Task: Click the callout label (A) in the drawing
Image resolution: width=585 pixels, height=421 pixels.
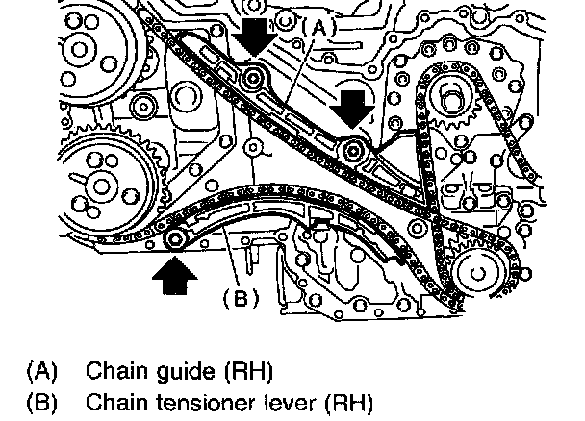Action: (x=319, y=28)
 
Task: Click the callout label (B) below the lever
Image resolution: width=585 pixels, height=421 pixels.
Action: (x=241, y=298)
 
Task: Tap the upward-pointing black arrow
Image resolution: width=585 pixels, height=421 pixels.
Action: (x=174, y=276)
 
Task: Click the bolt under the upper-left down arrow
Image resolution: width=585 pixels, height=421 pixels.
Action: (x=253, y=79)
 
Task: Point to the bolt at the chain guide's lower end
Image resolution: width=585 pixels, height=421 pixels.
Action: (x=352, y=151)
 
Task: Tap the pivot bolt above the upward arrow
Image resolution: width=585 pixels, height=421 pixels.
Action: (x=175, y=239)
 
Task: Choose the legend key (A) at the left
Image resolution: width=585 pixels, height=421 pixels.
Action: (x=42, y=371)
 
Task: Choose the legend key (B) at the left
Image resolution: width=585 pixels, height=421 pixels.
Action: (x=42, y=403)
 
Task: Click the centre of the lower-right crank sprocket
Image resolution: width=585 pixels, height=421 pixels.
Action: (x=478, y=274)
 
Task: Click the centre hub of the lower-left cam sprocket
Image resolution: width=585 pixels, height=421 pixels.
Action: (x=101, y=186)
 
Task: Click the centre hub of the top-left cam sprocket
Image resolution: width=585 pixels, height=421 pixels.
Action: (x=78, y=49)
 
